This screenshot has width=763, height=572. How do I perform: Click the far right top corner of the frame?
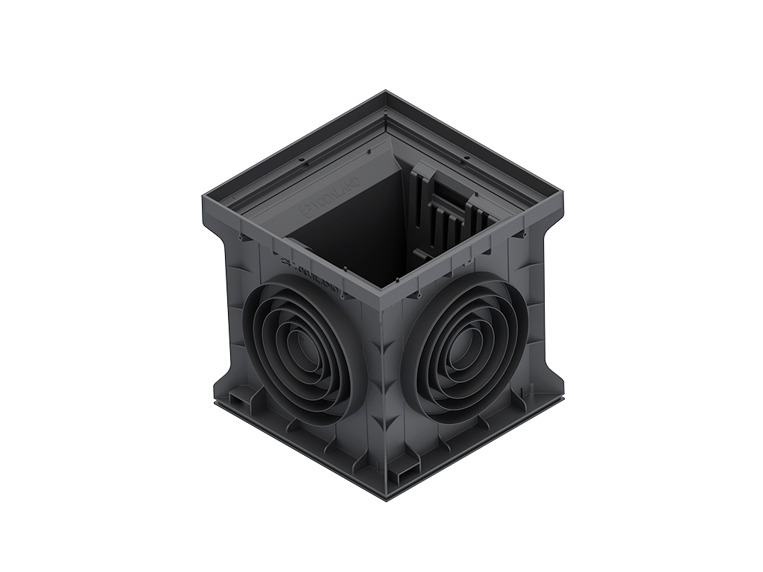563,194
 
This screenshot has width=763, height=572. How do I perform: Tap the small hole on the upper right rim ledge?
464,158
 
